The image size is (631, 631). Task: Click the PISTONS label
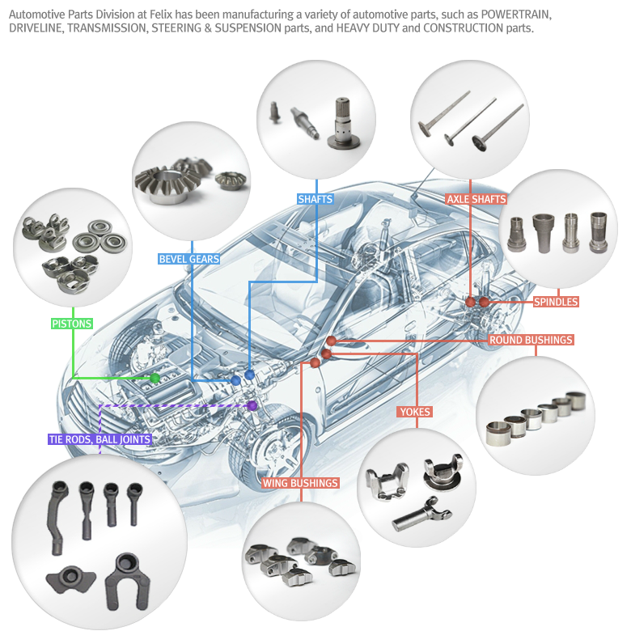71,324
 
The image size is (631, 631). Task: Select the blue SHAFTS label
315,199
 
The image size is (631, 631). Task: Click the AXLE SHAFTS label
476,199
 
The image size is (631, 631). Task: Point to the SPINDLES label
556,302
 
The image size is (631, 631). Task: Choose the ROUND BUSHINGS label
531,340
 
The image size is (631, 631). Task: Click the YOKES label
415,412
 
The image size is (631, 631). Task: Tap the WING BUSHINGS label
300,483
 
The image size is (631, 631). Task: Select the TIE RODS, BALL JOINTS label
100,439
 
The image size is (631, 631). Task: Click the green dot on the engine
155,378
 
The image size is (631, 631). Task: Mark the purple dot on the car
252,405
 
